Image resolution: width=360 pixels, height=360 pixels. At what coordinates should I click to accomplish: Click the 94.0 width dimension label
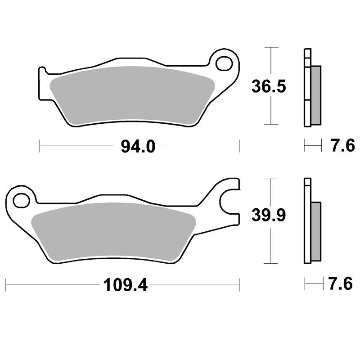138,146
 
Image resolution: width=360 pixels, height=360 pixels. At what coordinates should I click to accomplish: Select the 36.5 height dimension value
268,86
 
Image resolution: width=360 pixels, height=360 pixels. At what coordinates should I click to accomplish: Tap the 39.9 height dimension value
269,217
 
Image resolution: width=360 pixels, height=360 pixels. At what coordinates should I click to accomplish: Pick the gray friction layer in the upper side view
316,95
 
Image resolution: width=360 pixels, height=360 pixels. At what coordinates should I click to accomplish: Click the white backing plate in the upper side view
307,90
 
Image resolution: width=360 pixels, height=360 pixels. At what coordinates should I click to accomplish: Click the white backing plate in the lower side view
307,225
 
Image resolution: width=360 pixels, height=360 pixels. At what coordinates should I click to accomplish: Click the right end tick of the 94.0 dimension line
239,146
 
